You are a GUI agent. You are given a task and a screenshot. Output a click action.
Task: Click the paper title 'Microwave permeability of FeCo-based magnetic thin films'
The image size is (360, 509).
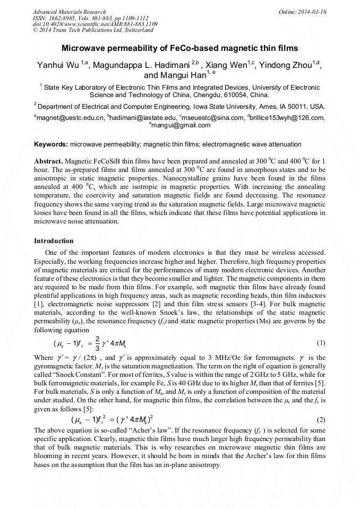click(x=180, y=48)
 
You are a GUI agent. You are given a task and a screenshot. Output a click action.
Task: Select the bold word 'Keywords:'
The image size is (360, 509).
click(x=50, y=144)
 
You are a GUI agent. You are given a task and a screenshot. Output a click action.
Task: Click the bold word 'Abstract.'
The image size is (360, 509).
click(x=48, y=161)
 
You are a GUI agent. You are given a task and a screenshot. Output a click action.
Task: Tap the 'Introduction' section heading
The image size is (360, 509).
click(x=54, y=240)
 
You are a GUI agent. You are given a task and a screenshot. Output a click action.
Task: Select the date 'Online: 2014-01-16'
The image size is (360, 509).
click(x=303, y=12)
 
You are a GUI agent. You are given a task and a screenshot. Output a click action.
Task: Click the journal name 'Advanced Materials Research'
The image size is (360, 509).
click(x=69, y=12)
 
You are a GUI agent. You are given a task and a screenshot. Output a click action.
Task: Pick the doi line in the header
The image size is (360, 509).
click(x=95, y=24)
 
